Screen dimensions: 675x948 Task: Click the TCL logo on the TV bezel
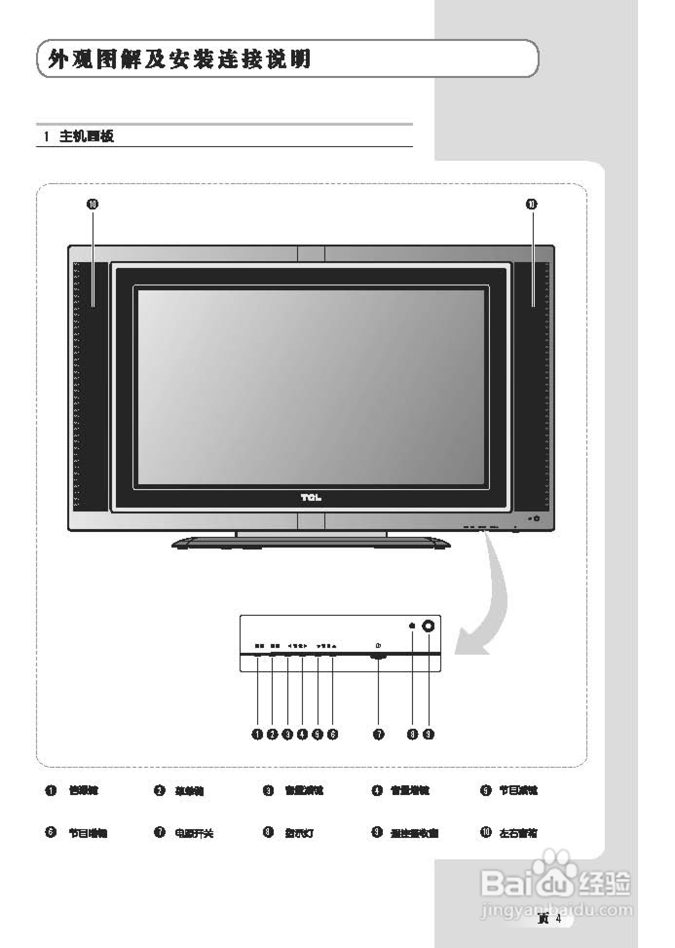(311, 498)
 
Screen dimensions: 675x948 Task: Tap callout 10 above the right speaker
(531, 204)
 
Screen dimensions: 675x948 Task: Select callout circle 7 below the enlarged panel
(379, 734)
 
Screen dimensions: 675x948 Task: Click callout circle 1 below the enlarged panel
(257, 734)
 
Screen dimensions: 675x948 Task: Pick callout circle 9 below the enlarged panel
(429, 734)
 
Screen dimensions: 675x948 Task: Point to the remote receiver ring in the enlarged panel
(429, 626)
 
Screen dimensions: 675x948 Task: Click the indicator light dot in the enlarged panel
(412, 626)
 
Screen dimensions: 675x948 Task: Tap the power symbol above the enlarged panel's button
(378, 646)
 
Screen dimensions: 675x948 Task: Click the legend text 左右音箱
(518, 833)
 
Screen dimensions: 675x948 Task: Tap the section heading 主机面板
(86, 136)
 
